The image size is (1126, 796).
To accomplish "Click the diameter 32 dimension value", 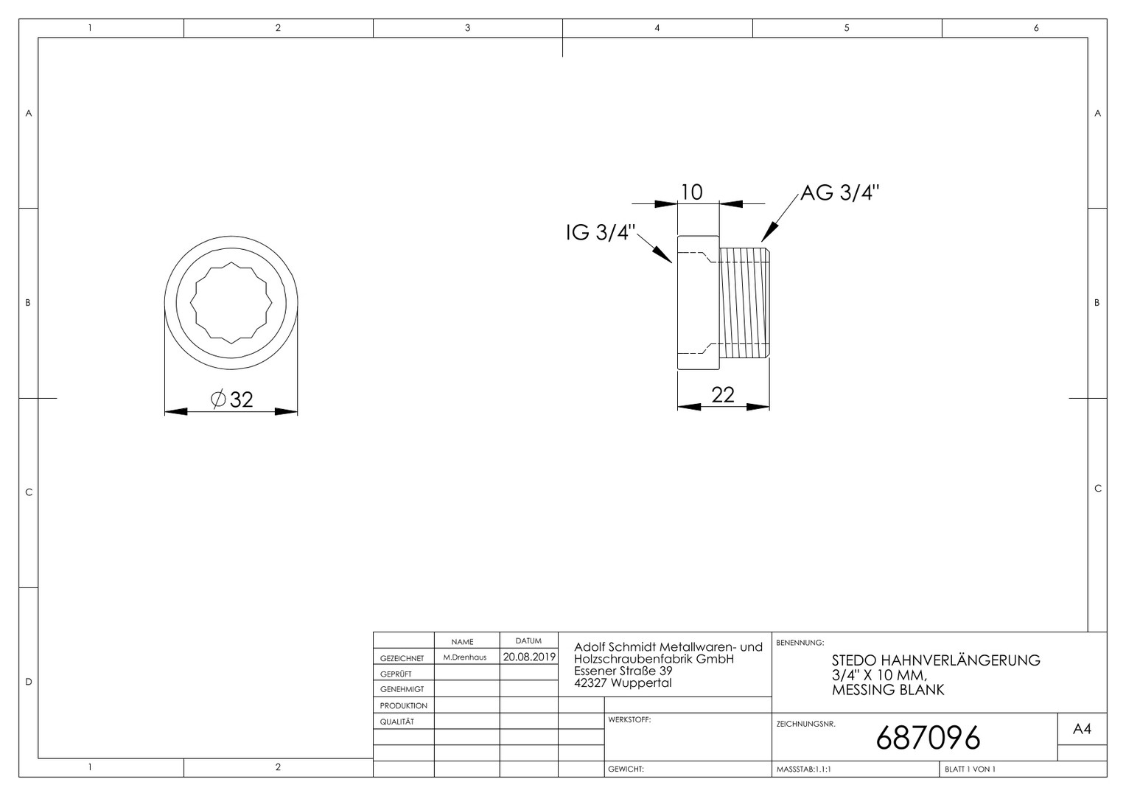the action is point(231,399).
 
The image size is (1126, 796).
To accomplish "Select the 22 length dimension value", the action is point(723,395).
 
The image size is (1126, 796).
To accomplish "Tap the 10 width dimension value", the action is point(692,192).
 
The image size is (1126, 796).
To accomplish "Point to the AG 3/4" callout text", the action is point(840,192).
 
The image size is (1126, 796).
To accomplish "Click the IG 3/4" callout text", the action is point(601,232).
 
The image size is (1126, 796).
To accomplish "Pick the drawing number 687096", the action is point(928,738).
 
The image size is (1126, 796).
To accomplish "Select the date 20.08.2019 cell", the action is point(529,657).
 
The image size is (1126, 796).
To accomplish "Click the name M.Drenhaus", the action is point(464,657).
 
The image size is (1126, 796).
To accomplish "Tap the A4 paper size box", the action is point(1082,729).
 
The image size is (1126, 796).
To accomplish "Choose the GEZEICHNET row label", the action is point(402,658).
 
